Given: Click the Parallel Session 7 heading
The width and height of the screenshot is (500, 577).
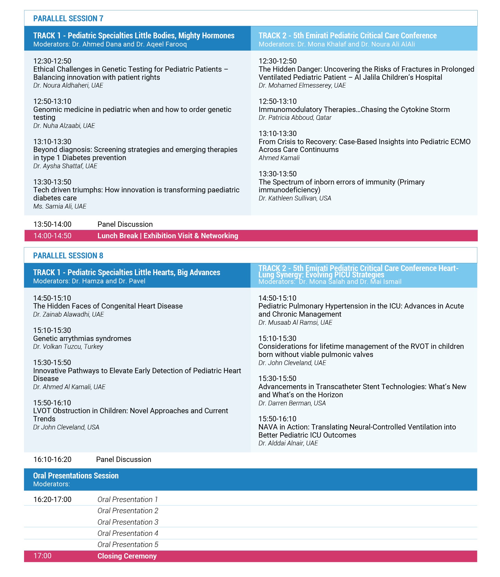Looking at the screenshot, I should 68,18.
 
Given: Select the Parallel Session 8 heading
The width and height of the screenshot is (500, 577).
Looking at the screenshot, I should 68,256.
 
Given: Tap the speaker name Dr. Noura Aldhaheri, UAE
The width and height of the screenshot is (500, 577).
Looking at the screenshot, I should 68,85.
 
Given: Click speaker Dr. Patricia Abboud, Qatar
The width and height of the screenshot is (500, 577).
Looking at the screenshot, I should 295,118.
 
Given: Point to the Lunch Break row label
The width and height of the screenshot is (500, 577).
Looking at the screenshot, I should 168,236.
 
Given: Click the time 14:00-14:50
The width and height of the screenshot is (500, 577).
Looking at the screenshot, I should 52,236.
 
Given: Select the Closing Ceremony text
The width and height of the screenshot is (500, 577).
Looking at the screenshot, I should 127,556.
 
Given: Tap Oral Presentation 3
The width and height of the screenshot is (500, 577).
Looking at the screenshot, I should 128,522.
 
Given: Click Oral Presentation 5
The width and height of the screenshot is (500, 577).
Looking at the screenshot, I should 128,545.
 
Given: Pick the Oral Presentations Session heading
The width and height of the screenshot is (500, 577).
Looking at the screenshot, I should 76,476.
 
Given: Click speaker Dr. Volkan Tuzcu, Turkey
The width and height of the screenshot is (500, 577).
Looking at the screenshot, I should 68,347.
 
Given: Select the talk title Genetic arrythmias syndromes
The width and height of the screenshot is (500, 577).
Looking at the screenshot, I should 82,338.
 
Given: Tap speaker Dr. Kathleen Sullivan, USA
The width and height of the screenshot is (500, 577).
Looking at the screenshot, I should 295,198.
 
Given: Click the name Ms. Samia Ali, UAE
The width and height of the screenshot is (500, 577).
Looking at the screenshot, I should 60,206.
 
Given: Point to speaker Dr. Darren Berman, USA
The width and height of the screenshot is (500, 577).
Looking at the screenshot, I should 292,403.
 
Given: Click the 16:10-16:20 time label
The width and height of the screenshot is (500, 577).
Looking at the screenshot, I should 52,459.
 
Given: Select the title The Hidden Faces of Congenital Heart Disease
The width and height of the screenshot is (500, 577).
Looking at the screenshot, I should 108,306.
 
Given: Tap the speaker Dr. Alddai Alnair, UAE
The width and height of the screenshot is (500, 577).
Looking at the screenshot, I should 288,443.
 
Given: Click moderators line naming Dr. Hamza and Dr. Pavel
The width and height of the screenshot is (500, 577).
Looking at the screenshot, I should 89,281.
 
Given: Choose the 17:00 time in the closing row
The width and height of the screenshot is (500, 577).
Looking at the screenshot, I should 42,556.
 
